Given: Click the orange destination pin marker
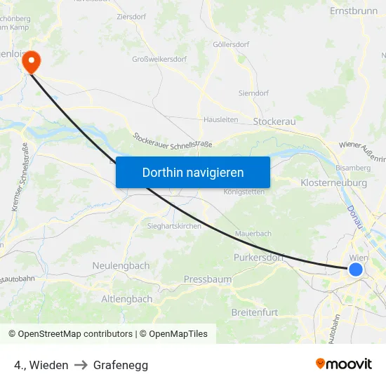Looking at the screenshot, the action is click(x=31, y=62).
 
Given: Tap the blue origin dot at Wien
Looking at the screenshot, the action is click(x=356, y=269).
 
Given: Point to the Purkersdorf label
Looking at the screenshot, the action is click(x=258, y=258).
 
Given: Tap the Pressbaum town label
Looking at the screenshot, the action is click(x=208, y=279).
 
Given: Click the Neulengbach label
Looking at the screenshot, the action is click(x=121, y=266).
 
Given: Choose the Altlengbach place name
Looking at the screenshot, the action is click(x=127, y=299).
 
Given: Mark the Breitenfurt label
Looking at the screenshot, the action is click(x=255, y=312).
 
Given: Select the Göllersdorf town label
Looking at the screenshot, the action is click(x=231, y=44).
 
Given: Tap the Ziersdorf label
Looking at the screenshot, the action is click(x=131, y=15).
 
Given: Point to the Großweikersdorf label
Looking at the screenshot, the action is click(x=159, y=60).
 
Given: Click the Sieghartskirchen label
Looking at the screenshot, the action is click(x=174, y=226).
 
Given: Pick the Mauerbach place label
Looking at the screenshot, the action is click(x=253, y=233).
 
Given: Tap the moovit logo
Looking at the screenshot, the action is click(x=344, y=364).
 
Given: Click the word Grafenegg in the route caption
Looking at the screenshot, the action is click(x=121, y=365).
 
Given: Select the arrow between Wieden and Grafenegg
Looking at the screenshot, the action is click(x=81, y=365).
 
